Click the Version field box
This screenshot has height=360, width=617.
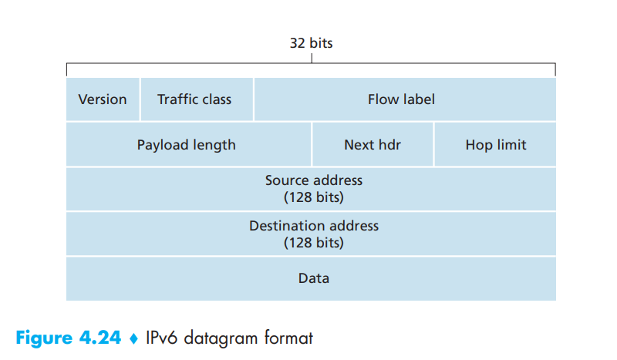[103, 99]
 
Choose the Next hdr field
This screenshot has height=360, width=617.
[373, 145]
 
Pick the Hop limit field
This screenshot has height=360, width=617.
[495, 145]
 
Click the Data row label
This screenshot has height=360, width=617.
[313, 278]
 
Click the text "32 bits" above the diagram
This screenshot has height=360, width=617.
[311, 43]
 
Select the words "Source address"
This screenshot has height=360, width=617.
[313, 180]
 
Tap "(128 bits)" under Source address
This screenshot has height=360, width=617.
[313, 197]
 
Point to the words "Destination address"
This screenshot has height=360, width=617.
[313, 226]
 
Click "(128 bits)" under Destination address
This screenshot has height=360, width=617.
[313, 243]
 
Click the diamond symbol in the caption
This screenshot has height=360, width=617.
[133, 338]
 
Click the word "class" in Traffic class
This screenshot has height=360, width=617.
[216, 99]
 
